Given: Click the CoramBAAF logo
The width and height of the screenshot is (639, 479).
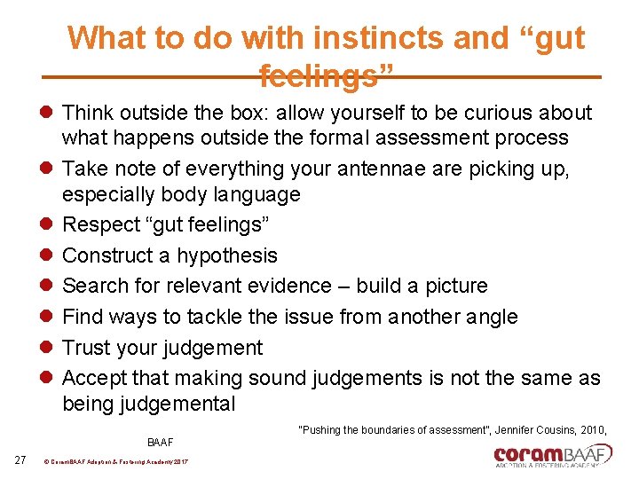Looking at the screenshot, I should coord(553,456).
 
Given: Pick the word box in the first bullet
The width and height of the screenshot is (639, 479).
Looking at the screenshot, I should coord(250,114).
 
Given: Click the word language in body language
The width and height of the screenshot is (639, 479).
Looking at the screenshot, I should coord(262,194).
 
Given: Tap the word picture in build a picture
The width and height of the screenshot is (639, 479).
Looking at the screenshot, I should coord(454,286).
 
